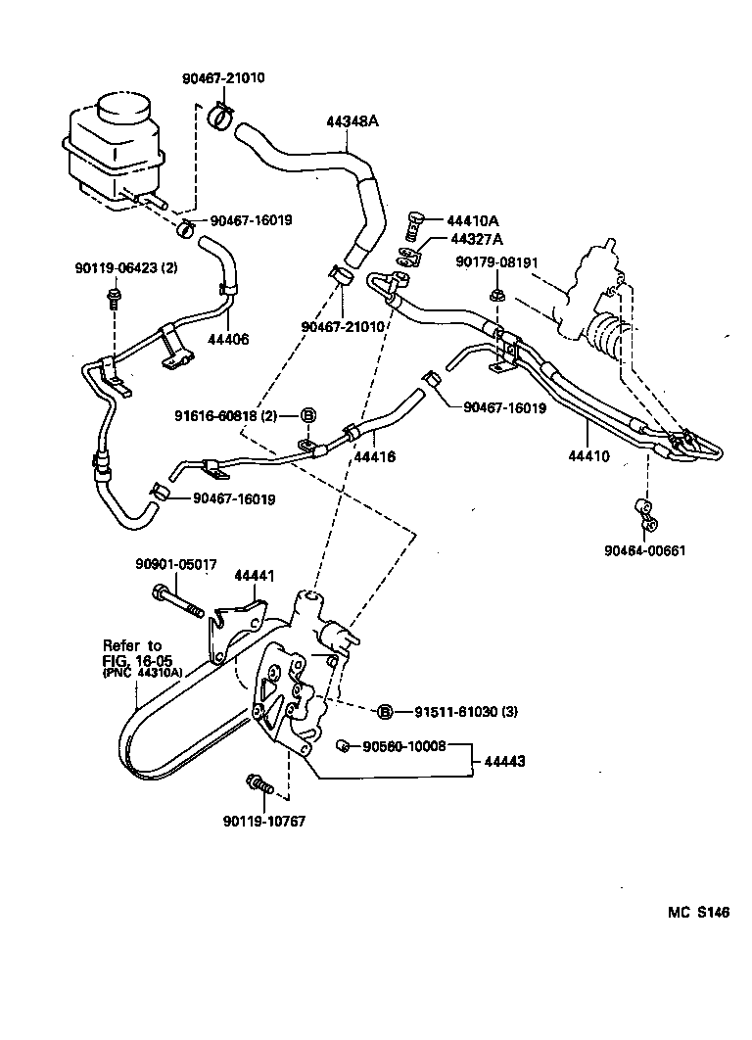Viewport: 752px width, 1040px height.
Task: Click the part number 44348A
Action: (x=352, y=122)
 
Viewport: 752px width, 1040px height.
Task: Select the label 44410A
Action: (x=474, y=221)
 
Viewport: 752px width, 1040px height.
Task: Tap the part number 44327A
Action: (x=476, y=239)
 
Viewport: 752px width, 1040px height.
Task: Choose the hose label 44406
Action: (x=227, y=339)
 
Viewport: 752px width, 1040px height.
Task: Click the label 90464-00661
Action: (x=644, y=549)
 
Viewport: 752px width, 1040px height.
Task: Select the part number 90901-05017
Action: (x=175, y=564)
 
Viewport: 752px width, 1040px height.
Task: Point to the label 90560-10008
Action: (x=404, y=746)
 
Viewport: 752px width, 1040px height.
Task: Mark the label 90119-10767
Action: (x=264, y=821)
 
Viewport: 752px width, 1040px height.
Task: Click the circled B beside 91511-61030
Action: (x=385, y=712)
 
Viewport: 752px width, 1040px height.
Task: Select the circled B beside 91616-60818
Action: (x=305, y=415)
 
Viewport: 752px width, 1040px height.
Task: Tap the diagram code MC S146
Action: (x=699, y=913)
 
